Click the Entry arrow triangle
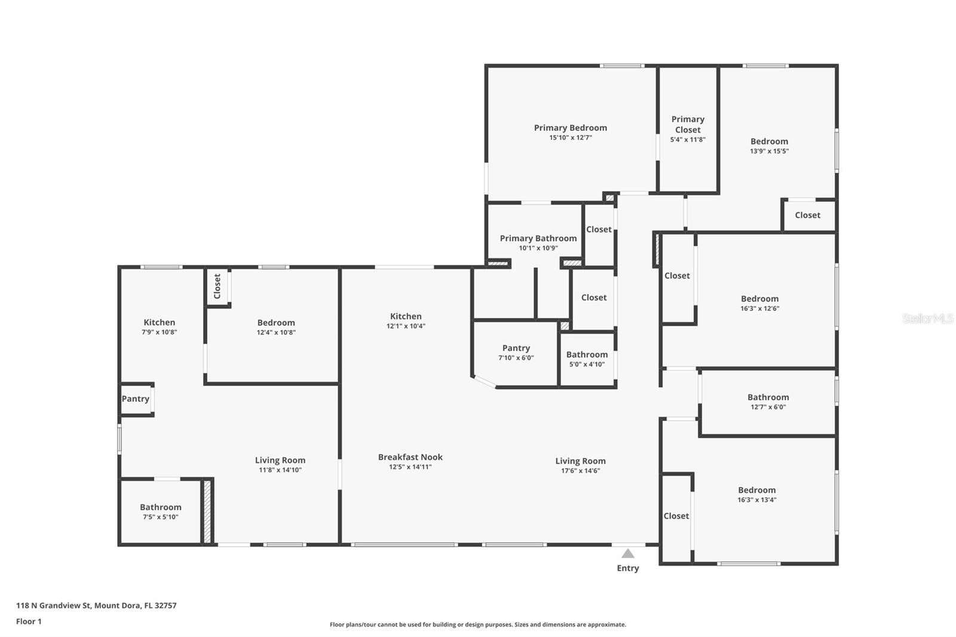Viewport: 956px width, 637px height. pyautogui.click(x=627, y=553)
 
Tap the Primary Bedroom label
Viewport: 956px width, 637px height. pyautogui.click(x=570, y=127)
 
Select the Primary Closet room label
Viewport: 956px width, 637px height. pyautogui.click(x=688, y=124)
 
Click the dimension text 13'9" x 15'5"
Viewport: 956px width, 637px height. pyautogui.click(x=769, y=151)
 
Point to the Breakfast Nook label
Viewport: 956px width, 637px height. pyautogui.click(x=410, y=457)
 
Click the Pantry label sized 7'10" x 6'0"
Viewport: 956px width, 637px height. pyautogui.click(x=516, y=348)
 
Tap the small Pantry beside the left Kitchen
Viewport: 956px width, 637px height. pyautogui.click(x=136, y=399)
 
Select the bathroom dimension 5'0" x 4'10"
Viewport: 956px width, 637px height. pyautogui.click(x=587, y=364)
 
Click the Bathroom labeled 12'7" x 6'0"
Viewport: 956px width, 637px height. pyautogui.click(x=768, y=397)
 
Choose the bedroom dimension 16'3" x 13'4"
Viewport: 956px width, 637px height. pyautogui.click(x=756, y=500)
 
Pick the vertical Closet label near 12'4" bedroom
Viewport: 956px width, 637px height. pyautogui.click(x=217, y=286)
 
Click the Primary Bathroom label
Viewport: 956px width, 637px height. pyautogui.click(x=538, y=238)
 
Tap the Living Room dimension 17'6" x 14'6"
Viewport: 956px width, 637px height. pyautogui.click(x=580, y=471)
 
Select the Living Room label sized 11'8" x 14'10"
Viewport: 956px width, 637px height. pyautogui.click(x=280, y=460)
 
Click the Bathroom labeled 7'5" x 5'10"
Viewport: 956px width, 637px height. pyautogui.click(x=160, y=507)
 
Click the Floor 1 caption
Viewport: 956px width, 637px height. pyautogui.click(x=29, y=621)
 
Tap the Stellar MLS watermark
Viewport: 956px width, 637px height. pyautogui.click(x=927, y=318)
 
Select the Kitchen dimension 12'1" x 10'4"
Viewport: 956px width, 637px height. pyautogui.click(x=406, y=326)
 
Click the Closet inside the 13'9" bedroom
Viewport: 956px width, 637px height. pyautogui.click(x=807, y=215)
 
